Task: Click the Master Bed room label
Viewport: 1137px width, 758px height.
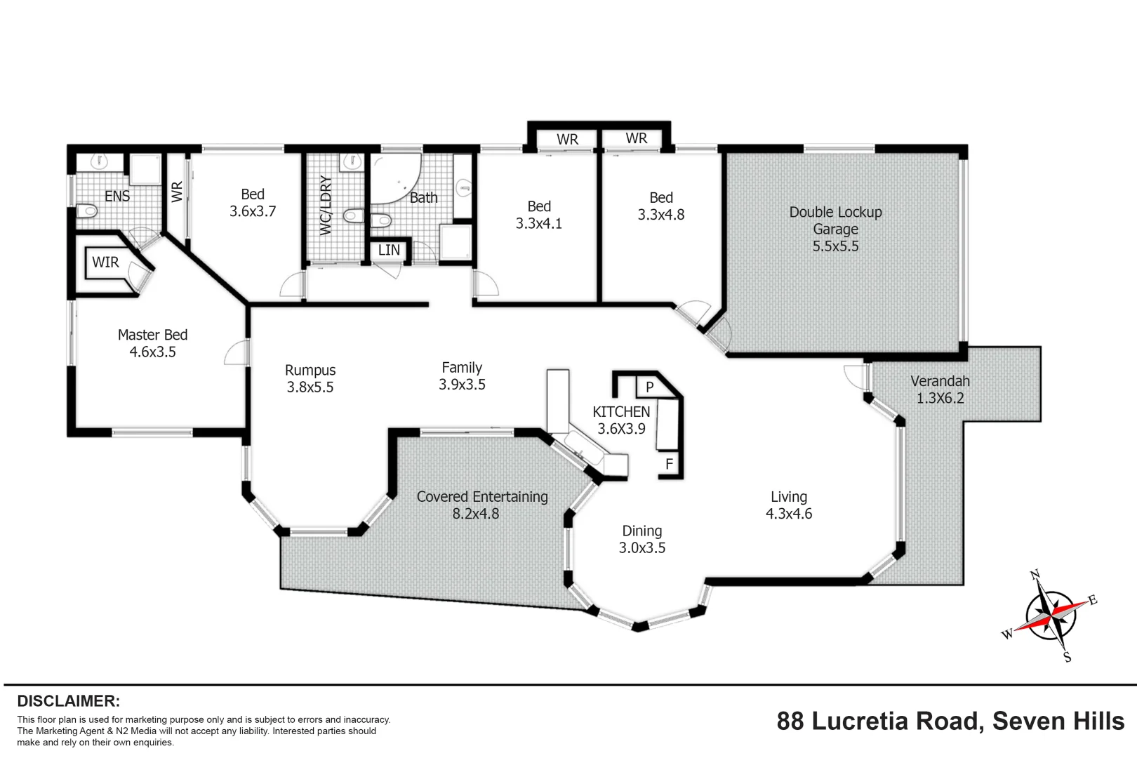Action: click(x=152, y=343)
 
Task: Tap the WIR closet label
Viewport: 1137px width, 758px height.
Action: click(x=105, y=262)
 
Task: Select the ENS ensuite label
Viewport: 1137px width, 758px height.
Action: click(x=117, y=197)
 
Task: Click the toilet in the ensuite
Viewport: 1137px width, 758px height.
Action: click(x=86, y=211)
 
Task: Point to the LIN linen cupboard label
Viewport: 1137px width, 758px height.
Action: click(x=389, y=251)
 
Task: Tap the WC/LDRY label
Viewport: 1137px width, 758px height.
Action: click(x=326, y=205)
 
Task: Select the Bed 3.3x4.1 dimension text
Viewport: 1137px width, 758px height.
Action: click(x=538, y=224)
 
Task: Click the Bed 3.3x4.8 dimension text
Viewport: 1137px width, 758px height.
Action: click(x=660, y=215)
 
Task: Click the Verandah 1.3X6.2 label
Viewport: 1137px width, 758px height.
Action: click(x=940, y=390)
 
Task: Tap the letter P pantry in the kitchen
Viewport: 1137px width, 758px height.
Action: click(x=649, y=387)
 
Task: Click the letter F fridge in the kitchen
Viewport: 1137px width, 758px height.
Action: click(x=669, y=464)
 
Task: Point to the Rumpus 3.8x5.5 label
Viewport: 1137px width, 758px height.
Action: click(x=310, y=378)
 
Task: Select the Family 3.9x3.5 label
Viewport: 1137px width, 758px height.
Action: click(x=462, y=375)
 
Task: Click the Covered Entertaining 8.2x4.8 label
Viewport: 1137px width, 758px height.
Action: click(x=481, y=505)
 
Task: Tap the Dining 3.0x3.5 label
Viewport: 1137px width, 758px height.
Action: click(x=641, y=539)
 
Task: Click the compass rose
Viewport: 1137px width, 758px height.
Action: click(x=1050, y=616)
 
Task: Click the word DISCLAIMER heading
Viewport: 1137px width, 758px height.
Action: click(x=68, y=701)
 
